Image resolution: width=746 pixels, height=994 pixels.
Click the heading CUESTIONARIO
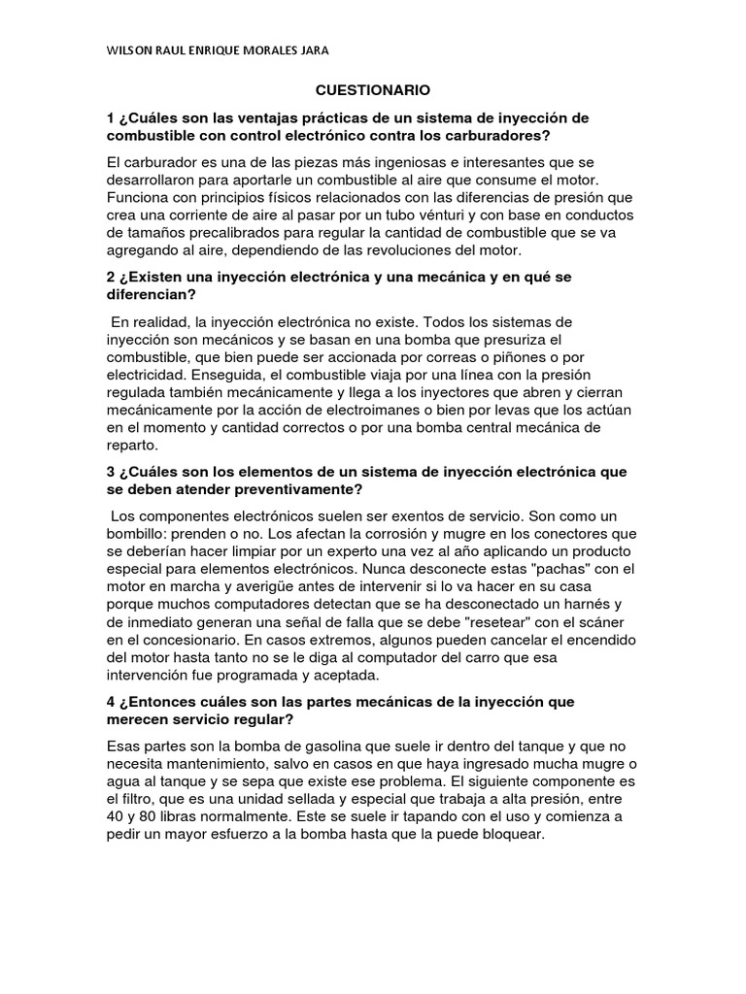(373, 89)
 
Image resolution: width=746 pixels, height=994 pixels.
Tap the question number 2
(112, 278)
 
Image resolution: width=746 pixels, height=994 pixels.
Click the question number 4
(112, 702)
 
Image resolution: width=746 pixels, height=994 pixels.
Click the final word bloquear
(516, 835)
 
